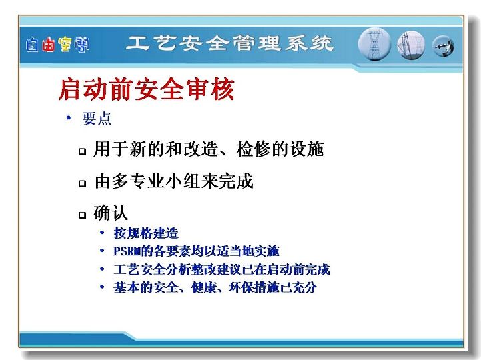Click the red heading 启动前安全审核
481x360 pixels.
[147, 89]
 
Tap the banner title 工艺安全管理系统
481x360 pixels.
[229, 43]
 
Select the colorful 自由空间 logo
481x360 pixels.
[57, 45]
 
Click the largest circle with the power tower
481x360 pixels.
[374, 44]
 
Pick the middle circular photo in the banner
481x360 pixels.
[411, 45]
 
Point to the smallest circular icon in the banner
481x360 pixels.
[443, 47]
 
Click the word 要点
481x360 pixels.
[97, 119]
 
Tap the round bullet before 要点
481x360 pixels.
[69, 117]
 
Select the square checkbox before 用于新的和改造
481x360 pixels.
[82, 151]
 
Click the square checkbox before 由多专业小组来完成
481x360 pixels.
[82, 183]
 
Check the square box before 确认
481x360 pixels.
[82, 215]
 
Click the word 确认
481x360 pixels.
[111, 213]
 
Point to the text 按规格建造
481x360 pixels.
[146, 233]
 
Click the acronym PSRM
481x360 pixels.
[127, 251]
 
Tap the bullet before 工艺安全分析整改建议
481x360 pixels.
[102, 269]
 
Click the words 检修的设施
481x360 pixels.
[280, 149]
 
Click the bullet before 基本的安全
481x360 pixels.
[102, 287]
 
